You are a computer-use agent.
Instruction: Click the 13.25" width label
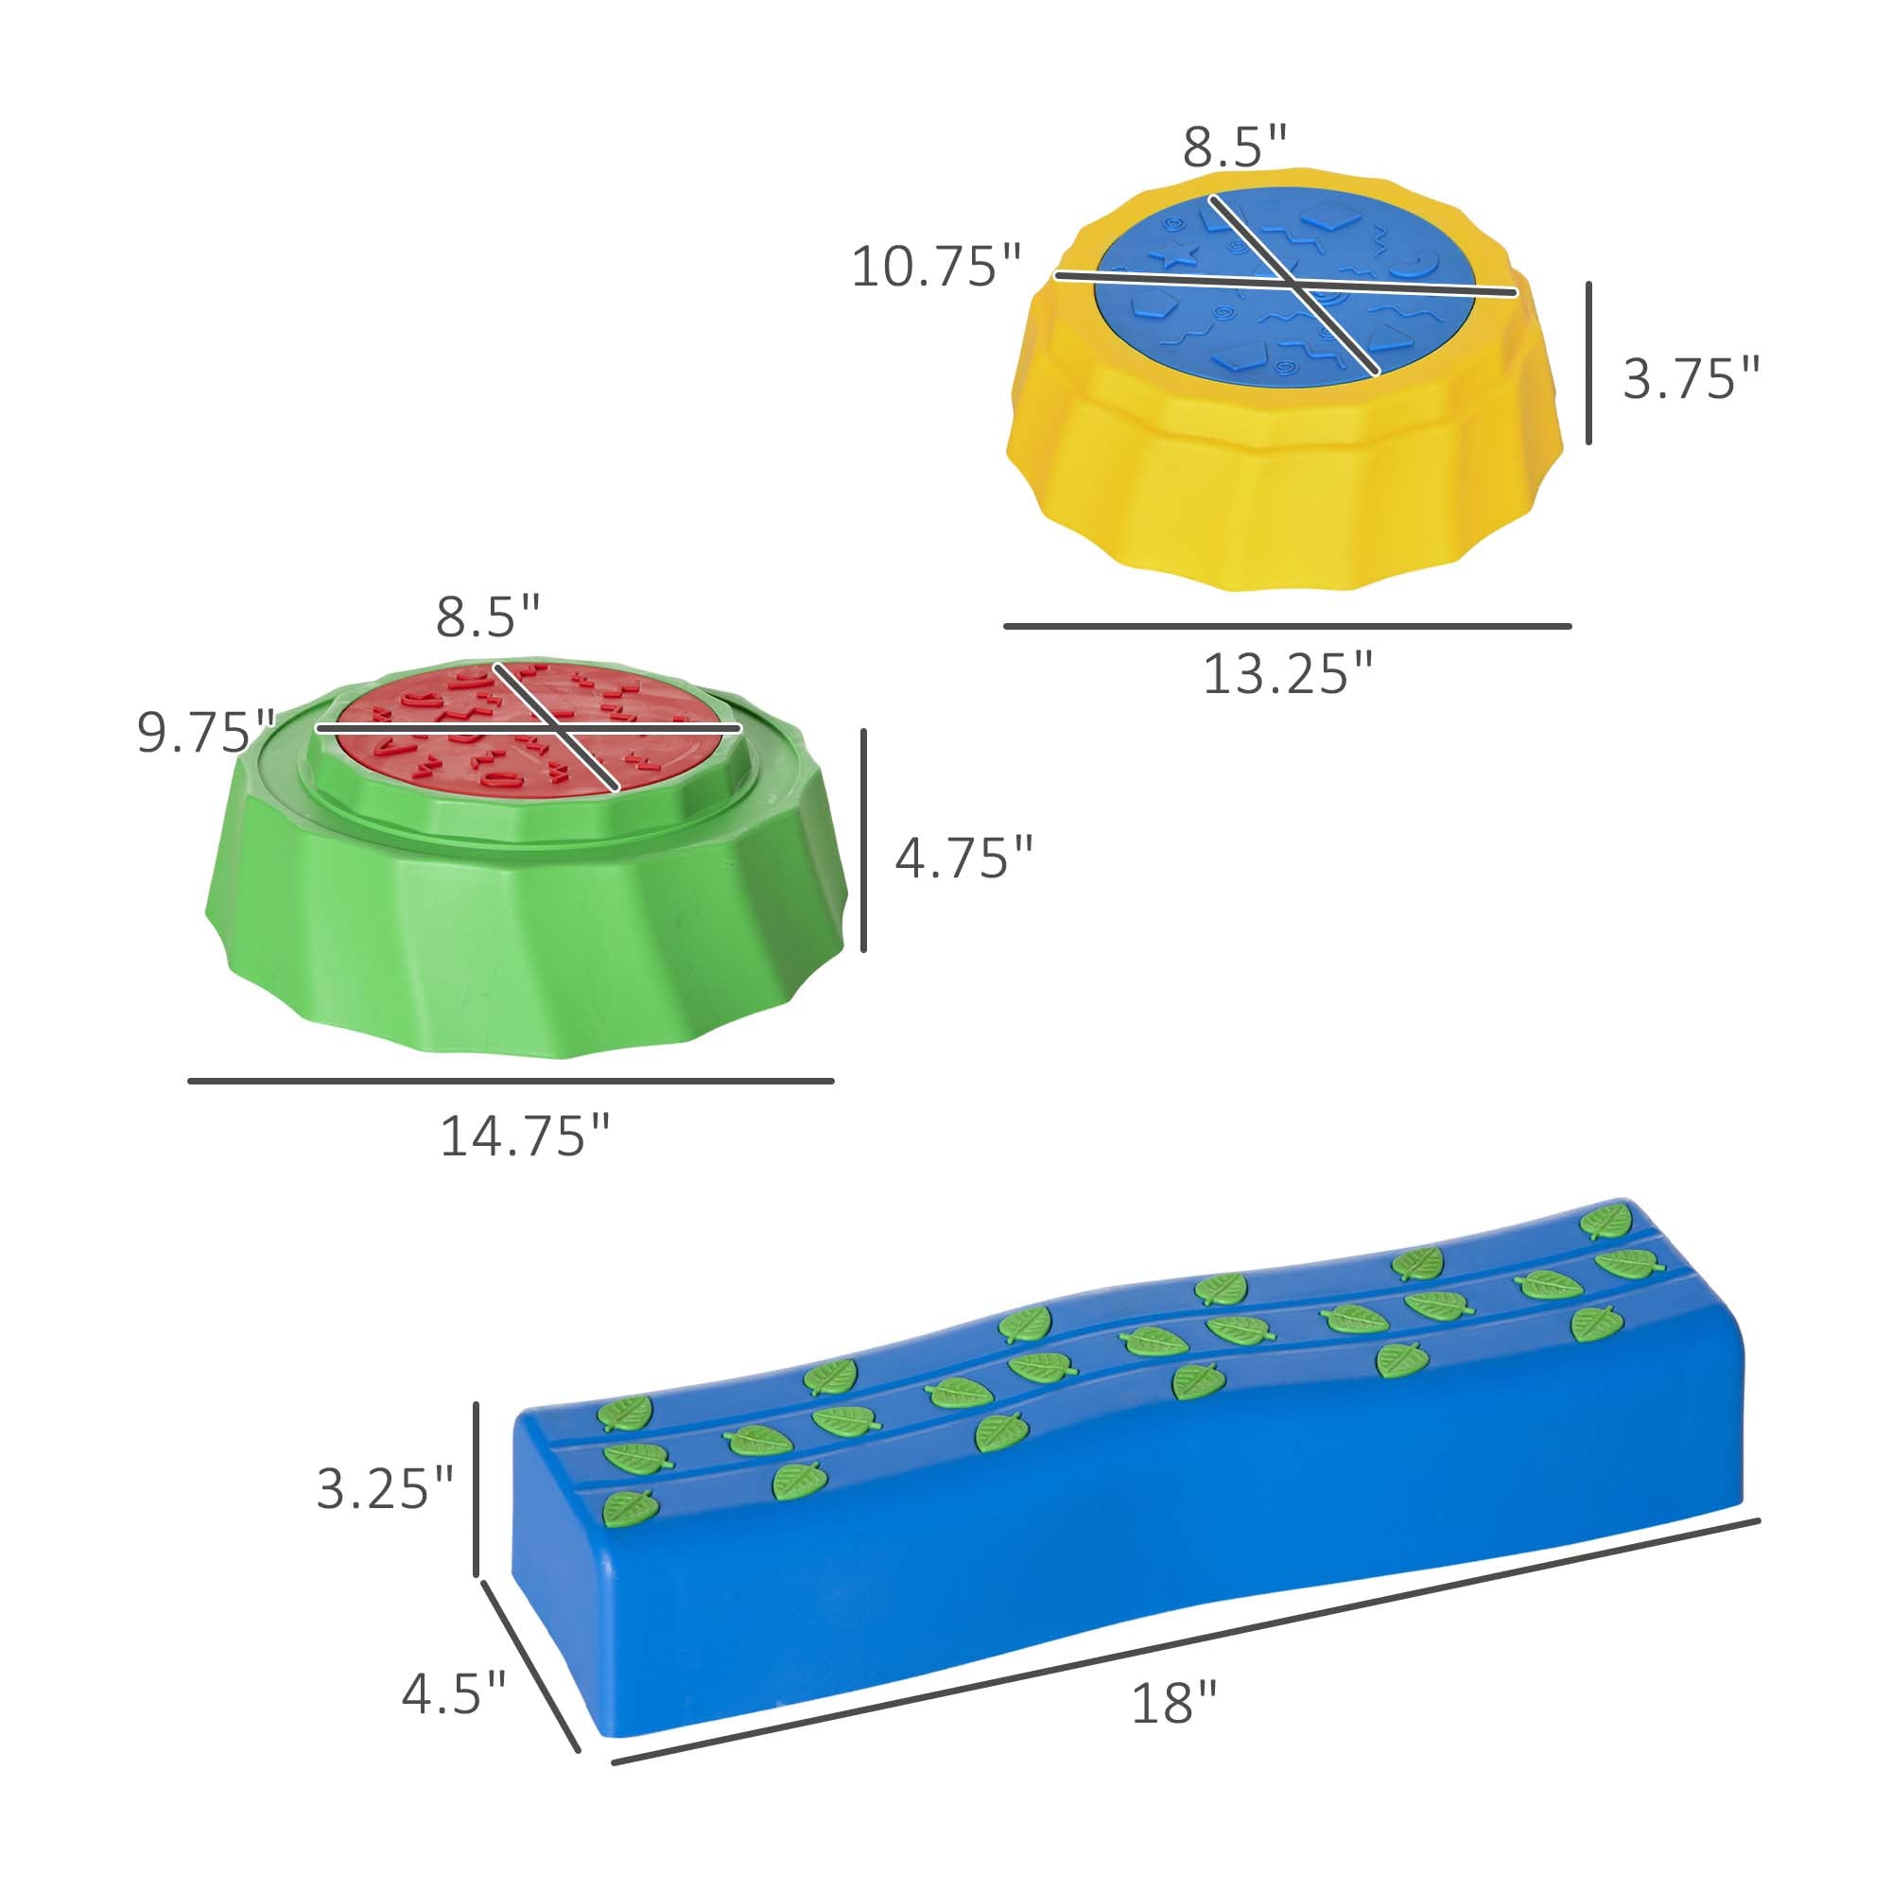(1287, 674)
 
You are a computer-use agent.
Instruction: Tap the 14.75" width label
(525, 1136)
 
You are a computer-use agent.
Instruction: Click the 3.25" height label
(385, 1489)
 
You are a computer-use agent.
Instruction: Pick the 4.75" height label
(964, 858)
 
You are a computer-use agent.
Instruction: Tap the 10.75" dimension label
(936, 267)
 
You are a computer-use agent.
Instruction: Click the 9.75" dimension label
(205, 732)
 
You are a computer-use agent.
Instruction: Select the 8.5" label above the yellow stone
(1234, 147)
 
